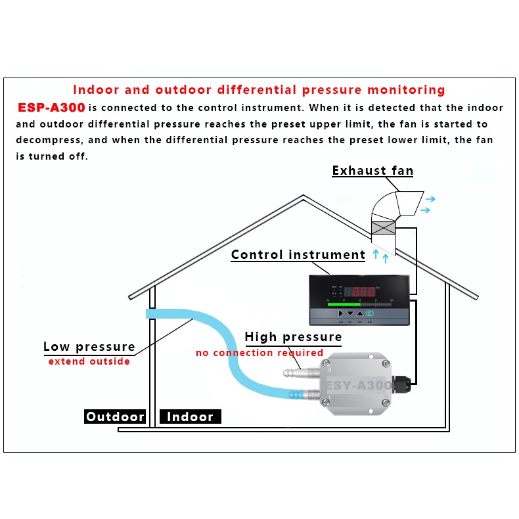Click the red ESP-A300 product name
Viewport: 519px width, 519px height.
tap(51, 108)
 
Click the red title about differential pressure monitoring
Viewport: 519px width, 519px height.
tap(259, 90)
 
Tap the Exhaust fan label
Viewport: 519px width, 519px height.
tap(372, 171)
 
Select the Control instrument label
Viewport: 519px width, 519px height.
tap(298, 255)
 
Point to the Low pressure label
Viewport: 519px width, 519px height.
tap(89, 346)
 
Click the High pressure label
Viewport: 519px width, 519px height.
tap(293, 337)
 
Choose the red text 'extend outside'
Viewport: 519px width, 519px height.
tap(89, 361)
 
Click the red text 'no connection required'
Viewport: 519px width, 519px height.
tap(259, 353)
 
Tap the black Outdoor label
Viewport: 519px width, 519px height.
tap(115, 417)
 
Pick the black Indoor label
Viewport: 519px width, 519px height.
tap(190, 417)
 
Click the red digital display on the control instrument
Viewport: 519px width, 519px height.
tap(362, 291)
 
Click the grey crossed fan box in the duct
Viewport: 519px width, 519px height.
tap(383, 227)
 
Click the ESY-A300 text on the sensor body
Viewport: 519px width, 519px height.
tap(359, 386)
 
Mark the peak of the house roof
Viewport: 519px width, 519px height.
tap(303, 196)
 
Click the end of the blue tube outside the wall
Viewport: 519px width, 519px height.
tap(148, 315)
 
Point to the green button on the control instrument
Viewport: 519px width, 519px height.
tap(369, 313)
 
